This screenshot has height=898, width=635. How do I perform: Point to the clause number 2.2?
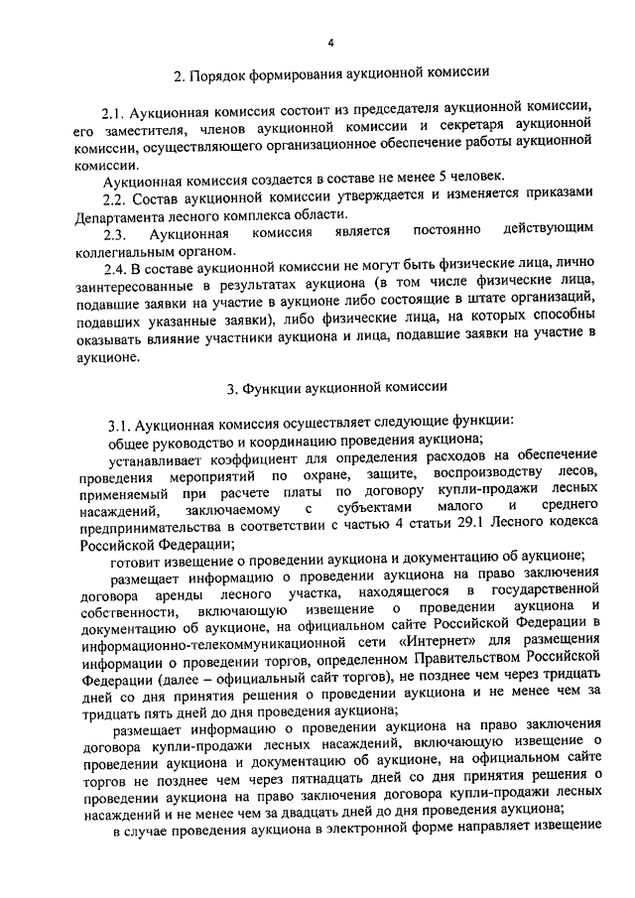click(118, 197)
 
